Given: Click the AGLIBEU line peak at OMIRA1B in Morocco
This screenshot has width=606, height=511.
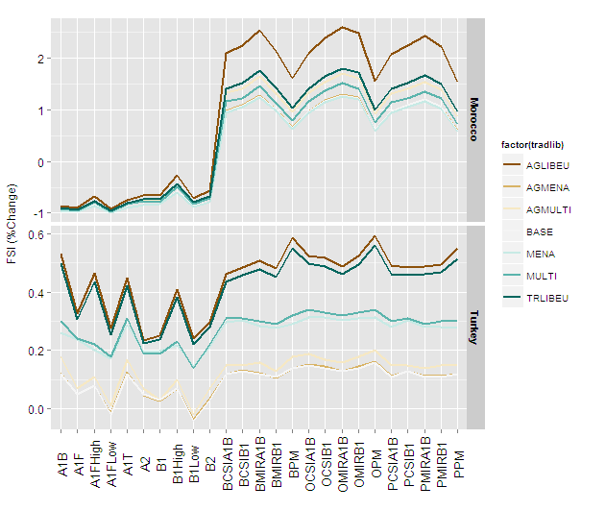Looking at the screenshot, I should pos(342,27).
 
